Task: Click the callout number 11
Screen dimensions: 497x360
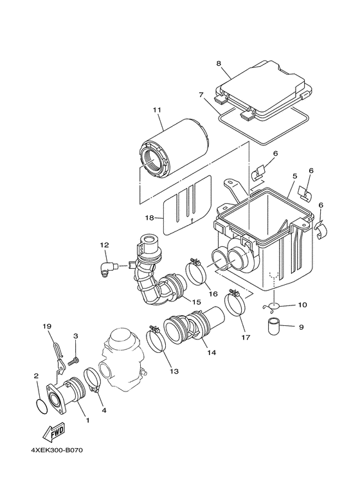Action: point(156,111)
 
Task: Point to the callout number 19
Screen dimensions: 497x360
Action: point(46,326)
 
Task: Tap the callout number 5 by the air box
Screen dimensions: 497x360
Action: point(294,175)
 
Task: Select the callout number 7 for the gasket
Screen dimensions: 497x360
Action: point(201,95)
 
